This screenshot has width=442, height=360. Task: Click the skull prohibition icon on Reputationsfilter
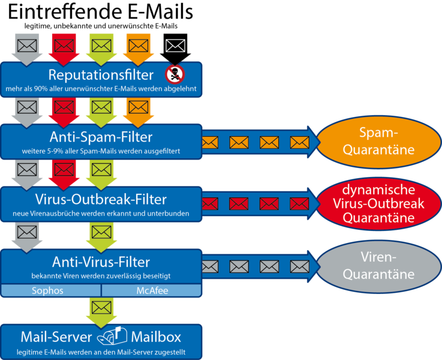pyautogui.click(x=176, y=74)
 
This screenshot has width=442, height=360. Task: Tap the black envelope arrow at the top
pyautogui.click(x=175, y=46)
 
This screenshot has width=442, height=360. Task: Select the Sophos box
pyautogui.click(x=50, y=291)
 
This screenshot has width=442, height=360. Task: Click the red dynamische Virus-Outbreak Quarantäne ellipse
pyautogui.click(x=378, y=203)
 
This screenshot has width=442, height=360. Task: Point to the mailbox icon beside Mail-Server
pyautogui.click(x=113, y=337)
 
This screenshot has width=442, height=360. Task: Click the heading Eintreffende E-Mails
pyautogui.click(x=100, y=12)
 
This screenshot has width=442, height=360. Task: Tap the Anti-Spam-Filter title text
pyautogui.click(x=101, y=136)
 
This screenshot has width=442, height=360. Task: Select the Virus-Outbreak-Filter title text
pyautogui.click(x=101, y=199)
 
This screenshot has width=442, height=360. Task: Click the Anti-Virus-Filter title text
pyautogui.click(x=101, y=262)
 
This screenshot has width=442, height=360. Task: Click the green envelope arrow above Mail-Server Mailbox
pyautogui.click(x=101, y=308)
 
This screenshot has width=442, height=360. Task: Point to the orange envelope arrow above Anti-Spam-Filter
pyautogui.click(x=139, y=109)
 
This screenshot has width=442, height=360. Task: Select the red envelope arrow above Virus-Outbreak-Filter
pyautogui.click(x=64, y=172)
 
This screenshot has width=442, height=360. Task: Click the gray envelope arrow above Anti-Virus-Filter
pyautogui.click(x=27, y=234)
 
